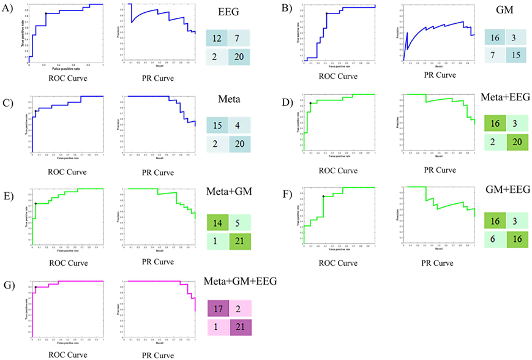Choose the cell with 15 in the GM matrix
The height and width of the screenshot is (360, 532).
pos(519,59)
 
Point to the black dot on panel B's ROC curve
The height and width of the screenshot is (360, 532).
pos(327,14)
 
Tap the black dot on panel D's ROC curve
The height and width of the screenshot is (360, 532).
pos(311,103)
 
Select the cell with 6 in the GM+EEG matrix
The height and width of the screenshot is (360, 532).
pos(495,241)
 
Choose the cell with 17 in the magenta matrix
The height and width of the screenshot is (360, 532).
pos(217,310)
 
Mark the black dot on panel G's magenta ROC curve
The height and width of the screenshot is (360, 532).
pos(36,287)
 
